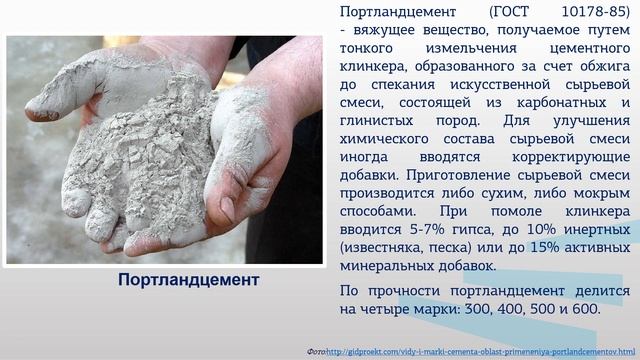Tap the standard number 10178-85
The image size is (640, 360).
[x=594, y=13]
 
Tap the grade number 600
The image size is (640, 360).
[x=582, y=309]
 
